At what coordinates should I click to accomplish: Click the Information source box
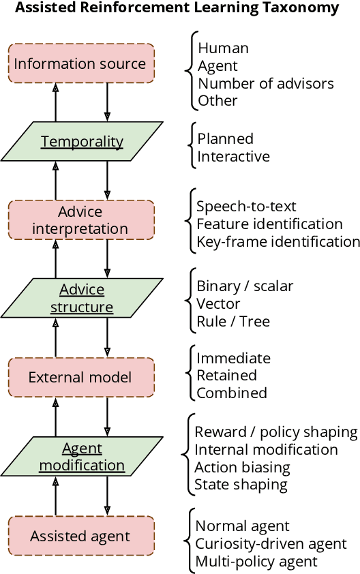click(x=80, y=64)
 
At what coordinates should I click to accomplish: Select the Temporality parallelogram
click(x=82, y=142)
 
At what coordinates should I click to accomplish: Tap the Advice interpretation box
click(x=80, y=220)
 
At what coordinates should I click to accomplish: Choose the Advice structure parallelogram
click(x=82, y=298)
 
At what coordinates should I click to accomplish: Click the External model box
click(x=80, y=377)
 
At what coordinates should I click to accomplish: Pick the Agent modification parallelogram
click(x=82, y=457)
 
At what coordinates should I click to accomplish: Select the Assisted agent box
click(x=80, y=536)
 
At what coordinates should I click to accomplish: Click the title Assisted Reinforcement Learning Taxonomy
click(x=177, y=9)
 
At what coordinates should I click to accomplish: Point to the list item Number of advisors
click(x=265, y=83)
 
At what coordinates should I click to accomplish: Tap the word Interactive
click(x=233, y=156)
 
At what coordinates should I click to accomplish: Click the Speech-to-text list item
click(x=246, y=207)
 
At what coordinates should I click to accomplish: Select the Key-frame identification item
click(x=277, y=241)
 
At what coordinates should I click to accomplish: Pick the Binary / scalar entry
click(x=245, y=286)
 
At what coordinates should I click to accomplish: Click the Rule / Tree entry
click(x=232, y=321)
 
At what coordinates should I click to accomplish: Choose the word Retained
click(x=226, y=376)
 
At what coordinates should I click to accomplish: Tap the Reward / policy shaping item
click(x=275, y=432)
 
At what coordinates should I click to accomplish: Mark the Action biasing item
click(x=242, y=467)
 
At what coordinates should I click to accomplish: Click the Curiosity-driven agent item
click(x=271, y=543)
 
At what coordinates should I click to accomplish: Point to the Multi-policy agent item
click(x=256, y=561)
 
